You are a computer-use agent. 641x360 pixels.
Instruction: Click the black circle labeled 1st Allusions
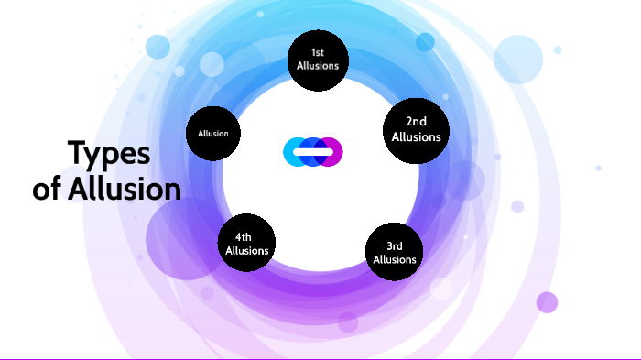point(318,60)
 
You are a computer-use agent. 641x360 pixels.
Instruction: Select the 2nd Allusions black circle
point(417,129)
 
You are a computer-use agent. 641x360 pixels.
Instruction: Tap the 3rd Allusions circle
point(395,252)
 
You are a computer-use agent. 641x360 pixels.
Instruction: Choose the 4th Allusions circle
point(246,244)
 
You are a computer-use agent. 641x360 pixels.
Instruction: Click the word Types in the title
point(108,154)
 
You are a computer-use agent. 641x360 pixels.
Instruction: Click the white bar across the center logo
point(313,151)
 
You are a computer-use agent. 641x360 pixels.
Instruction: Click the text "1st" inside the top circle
point(318,53)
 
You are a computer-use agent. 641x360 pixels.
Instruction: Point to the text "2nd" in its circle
point(417,122)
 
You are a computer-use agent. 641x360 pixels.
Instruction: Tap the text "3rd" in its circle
point(395,245)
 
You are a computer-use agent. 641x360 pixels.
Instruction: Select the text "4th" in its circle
point(246,237)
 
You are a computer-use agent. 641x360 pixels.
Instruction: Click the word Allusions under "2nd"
point(417,136)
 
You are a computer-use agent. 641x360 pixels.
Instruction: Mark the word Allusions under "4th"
point(246,250)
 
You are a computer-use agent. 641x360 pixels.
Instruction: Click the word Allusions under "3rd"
point(395,259)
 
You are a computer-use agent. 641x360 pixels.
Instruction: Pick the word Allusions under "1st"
point(318,66)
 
